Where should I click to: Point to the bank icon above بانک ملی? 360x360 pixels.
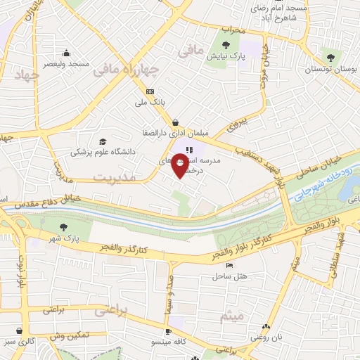click(x=149, y=92)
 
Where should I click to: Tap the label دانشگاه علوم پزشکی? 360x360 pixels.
click(x=108, y=151)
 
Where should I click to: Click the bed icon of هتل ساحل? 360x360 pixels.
click(x=229, y=265)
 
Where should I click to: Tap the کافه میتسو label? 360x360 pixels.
click(x=169, y=341)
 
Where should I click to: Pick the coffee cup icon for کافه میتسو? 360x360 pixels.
click(x=168, y=330)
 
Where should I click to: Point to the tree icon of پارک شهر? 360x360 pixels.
click(x=64, y=227)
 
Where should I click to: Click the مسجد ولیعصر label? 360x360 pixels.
click(x=66, y=63)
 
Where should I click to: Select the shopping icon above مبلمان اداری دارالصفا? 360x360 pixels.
click(x=174, y=122)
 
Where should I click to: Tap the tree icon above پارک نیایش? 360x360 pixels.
click(x=225, y=45)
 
